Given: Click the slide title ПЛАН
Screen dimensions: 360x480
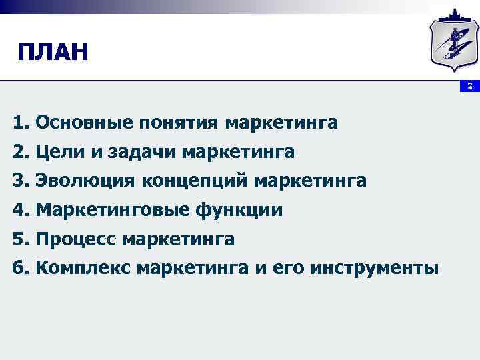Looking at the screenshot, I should coord(53,51).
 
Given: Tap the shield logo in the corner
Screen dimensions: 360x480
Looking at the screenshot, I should coord(453,42).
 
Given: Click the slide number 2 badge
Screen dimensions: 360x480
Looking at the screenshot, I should coord(469,86).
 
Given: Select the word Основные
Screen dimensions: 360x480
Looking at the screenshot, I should coord(85,123).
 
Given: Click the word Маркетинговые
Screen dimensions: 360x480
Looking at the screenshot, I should coord(113,210).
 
